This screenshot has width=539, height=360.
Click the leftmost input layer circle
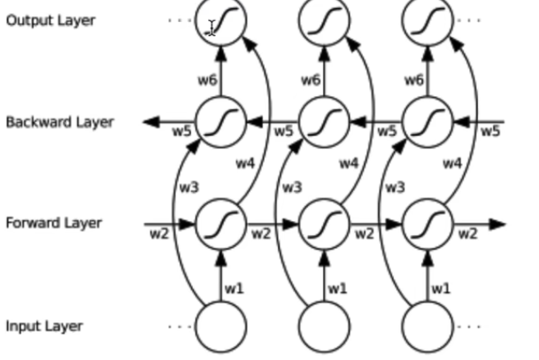click(x=220, y=326)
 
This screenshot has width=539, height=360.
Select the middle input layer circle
click(x=324, y=326)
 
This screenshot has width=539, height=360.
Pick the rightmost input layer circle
click(x=427, y=326)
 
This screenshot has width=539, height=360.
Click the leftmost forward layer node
click(x=220, y=224)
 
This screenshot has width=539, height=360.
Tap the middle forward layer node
click(x=324, y=224)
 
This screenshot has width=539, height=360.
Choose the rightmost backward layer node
click(x=427, y=122)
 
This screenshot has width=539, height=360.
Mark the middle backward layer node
click(x=324, y=122)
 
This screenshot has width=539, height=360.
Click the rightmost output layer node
click(x=427, y=20)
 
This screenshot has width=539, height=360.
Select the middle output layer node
click(x=324, y=20)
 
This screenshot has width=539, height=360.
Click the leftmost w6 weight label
click(x=206, y=80)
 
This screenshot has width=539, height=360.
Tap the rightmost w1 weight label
click(x=440, y=287)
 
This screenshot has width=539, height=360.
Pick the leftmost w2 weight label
click(x=158, y=234)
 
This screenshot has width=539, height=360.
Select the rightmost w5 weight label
click(x=489, y=132)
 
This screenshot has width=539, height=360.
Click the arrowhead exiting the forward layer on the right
click(x=498, y=224)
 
